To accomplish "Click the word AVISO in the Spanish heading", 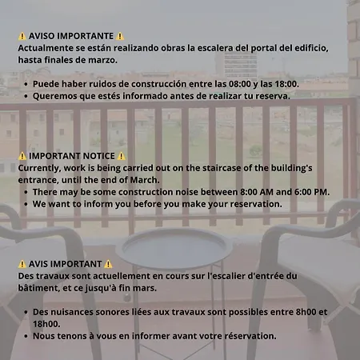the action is (42, 37).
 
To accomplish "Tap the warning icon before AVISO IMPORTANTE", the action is (22, 37).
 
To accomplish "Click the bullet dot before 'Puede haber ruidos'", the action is (27, 83).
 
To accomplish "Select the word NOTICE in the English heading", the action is (97, 156).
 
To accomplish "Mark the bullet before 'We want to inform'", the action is (27, 204).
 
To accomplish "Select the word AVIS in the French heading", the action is (40, 264).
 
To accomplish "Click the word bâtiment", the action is (39, 288).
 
